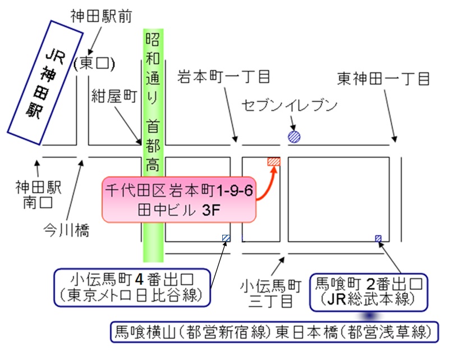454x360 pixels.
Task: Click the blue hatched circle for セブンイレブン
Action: coord(295,136)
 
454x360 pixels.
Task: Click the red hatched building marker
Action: coord(273,162)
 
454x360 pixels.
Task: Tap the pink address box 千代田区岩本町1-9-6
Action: coord(180,199)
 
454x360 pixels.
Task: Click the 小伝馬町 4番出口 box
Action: coord(132,286)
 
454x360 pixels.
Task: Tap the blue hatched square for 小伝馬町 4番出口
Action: coord(226,238)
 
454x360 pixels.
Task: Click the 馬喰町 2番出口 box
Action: coord(369,291)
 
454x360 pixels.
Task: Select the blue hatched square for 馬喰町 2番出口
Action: coord(378,239)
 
